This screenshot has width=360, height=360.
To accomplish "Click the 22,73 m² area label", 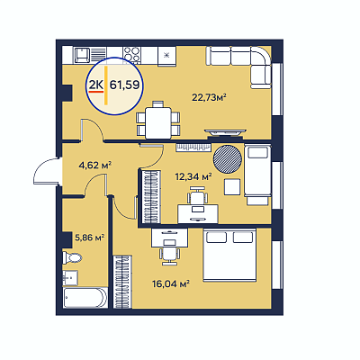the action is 209,97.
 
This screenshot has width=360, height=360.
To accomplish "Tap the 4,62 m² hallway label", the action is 94,165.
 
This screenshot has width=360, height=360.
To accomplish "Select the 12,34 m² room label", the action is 193,176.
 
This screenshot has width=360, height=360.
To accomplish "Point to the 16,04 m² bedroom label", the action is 171,283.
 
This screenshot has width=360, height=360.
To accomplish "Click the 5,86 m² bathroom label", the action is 89,238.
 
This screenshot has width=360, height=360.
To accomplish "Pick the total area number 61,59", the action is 125,85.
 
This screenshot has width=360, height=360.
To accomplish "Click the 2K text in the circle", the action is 96,85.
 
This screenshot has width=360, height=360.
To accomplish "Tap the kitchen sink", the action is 82,56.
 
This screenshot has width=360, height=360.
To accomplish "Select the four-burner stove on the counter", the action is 131,56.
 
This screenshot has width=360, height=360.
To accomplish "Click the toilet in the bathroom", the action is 72,257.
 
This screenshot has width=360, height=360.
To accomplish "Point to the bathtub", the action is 85,298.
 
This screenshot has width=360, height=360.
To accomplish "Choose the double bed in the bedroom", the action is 229,256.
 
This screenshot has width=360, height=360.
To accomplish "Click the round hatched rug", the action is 227,158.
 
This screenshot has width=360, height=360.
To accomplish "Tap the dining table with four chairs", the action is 158,121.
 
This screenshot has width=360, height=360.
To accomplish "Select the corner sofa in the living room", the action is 240,67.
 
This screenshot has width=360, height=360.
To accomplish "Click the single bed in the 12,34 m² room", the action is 257,175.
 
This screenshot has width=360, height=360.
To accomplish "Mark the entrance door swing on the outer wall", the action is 46,172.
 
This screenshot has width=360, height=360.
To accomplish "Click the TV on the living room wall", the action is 225,132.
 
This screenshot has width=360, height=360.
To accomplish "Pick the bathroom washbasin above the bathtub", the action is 70,278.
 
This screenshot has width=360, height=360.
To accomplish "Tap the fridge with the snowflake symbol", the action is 167,56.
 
